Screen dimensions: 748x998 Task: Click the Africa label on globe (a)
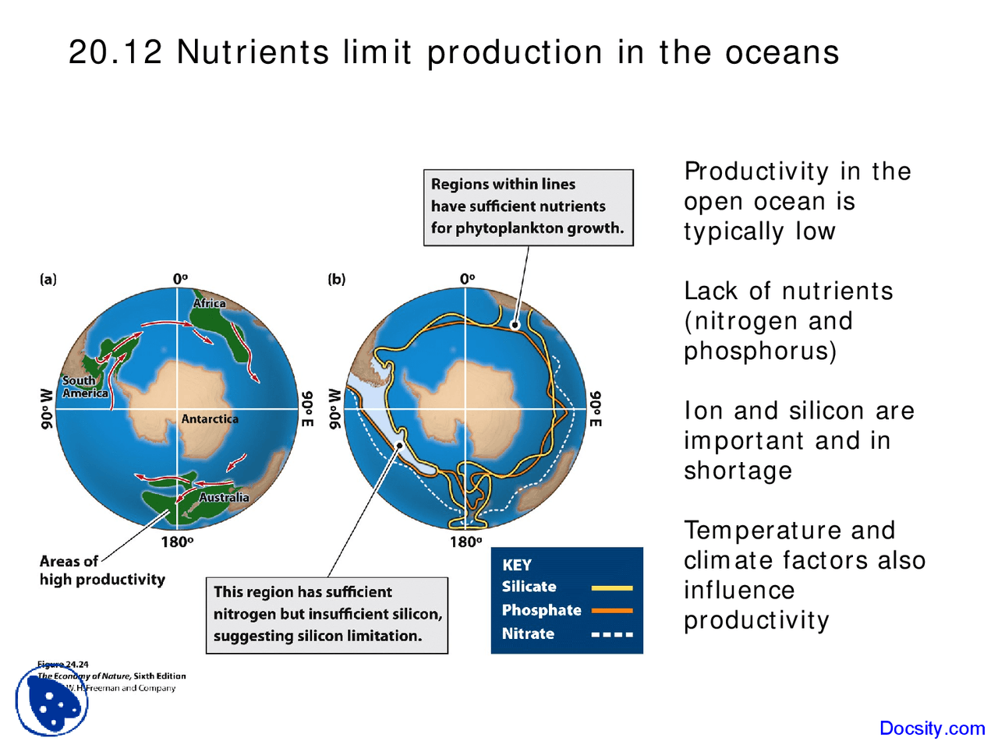pos(209,303)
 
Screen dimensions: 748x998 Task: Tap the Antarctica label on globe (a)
pos(210,419)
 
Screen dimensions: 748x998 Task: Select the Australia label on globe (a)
pos(224,497)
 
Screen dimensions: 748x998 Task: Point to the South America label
pos(84,386)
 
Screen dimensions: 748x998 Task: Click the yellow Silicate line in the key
pos(611,587)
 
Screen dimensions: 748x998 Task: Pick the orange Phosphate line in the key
pos(611,611)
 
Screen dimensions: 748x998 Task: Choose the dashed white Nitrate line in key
pos(611,634)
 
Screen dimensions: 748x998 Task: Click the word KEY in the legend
pos(516,565)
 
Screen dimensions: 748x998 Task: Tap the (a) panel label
pos(48,279)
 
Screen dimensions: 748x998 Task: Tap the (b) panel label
pos(336,279)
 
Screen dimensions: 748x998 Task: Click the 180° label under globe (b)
pos(465,542)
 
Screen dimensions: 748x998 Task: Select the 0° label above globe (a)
pos(180,279)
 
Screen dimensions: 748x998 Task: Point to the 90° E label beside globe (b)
pos(595,408)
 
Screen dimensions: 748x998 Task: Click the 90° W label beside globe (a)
pos(47,408)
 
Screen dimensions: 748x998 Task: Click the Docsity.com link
pos(932,729)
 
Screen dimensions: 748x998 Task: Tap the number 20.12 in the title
pos(115,53)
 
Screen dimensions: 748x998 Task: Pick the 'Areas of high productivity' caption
pos(101,570)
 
